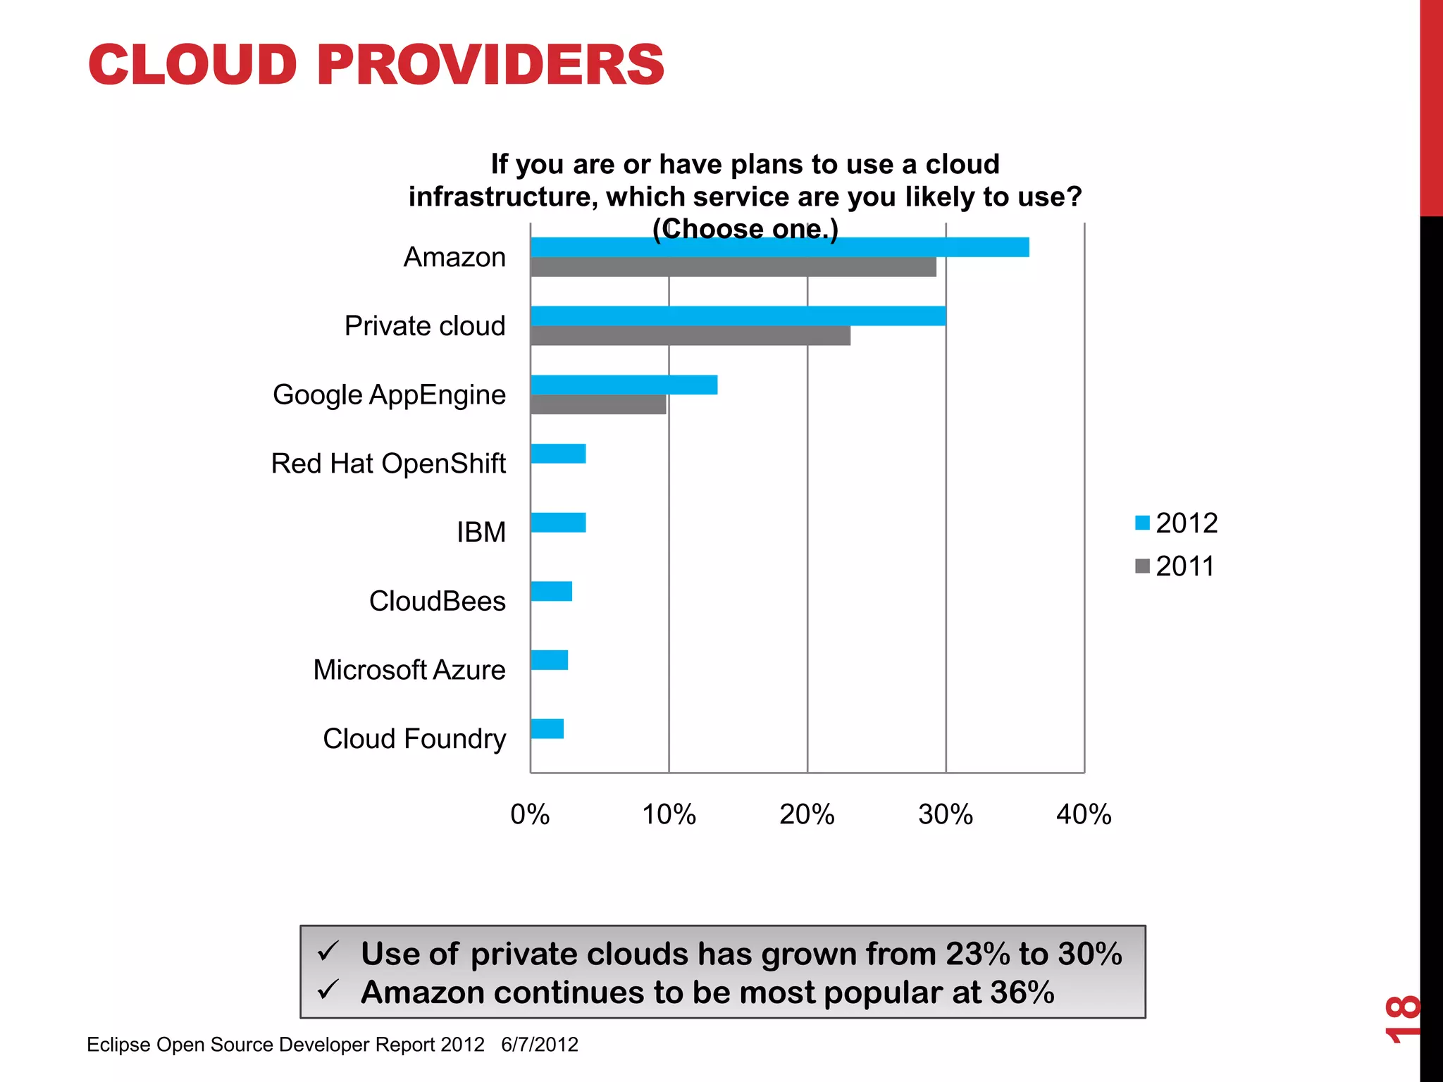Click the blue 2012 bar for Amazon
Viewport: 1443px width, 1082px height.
[x=779, y=247]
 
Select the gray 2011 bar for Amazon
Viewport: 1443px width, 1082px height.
[x=733, y=267]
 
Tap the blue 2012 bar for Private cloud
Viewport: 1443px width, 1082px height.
[x=738, y=316]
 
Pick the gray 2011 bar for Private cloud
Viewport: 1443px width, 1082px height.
[x=690, y=336]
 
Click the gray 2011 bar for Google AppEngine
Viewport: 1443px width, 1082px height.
[x=598, y=405]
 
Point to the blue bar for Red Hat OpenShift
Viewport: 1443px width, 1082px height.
[x=558, y=454]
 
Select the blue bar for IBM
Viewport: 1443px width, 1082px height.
[x=558, y=523]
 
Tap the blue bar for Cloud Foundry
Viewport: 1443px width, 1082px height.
[x=547, y=729]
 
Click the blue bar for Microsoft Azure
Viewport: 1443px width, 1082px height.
[x=549, y=660]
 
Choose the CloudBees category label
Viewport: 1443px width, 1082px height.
[x=437, y=601]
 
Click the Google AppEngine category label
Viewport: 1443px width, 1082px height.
[x=389, y=394]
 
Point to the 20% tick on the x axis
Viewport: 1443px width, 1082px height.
[x=807, y=814]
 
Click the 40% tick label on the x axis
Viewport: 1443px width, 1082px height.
[x=1084, y=814]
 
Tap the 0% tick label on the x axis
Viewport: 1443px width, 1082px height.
[x=530, y=814]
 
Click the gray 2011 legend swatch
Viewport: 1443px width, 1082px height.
[x=1142, y=566]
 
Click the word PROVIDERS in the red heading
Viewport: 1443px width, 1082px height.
[x=490, y=65]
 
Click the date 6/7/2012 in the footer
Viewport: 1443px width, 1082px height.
[x=540, y=1044]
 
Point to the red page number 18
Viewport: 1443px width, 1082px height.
[x=1402, y=1019]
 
